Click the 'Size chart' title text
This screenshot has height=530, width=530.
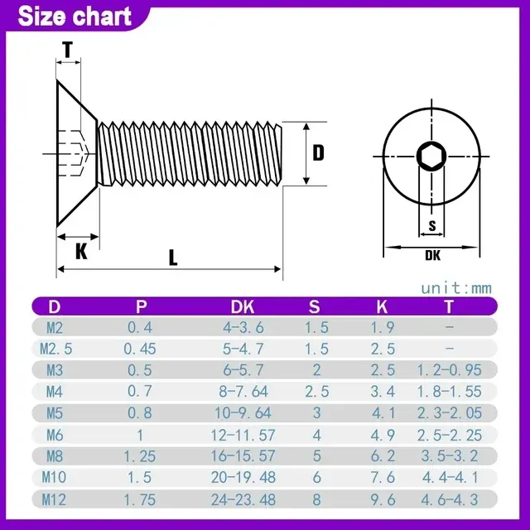click(75, 17)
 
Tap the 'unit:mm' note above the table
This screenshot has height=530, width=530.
click(456, 288)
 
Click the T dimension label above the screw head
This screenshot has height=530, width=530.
click(68, 50)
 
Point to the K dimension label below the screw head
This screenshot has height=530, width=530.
click(81, 251)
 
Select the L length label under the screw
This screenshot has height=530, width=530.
click(173, 258)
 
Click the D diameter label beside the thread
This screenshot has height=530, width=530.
click(318, 152)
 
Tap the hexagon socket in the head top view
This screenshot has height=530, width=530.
click(431, 157)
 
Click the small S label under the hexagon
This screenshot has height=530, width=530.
click(432, 225)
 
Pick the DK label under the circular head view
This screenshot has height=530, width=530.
click(432, 255)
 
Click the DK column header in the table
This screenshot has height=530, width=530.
click(243, 307)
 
